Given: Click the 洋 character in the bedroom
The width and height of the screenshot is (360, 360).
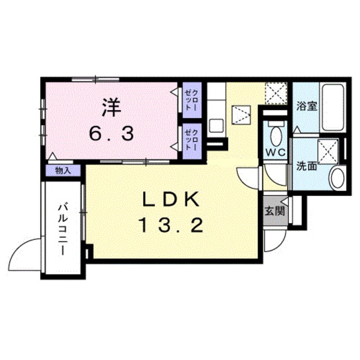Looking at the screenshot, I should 110,107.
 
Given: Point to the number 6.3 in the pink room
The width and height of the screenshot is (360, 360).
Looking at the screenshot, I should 110,133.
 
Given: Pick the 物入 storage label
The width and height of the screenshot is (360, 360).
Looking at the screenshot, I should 62,169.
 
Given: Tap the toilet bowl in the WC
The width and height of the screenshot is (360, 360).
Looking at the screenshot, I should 276,135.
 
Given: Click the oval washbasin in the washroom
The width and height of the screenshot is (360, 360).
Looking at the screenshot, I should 336,178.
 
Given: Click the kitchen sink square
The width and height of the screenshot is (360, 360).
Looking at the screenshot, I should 216,124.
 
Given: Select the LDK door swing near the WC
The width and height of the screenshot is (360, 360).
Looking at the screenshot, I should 247,179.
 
